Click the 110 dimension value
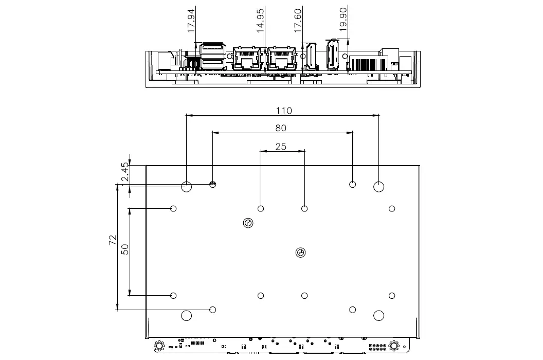[283, 111]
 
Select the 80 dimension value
[281, 128]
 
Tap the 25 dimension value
[281, 147]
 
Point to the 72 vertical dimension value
[113, 241]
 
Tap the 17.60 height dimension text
[298, 20]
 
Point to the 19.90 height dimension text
[343, 20]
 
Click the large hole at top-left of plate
[187, 187]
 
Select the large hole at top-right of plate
[379, 187]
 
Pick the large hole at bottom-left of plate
[187, 315]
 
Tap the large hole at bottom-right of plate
[379, 315]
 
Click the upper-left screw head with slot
[248, 223]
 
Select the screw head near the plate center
[301, 252]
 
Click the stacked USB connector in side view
[213, 55]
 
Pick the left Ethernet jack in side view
[247, 58]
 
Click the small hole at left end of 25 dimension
[261, 208]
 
